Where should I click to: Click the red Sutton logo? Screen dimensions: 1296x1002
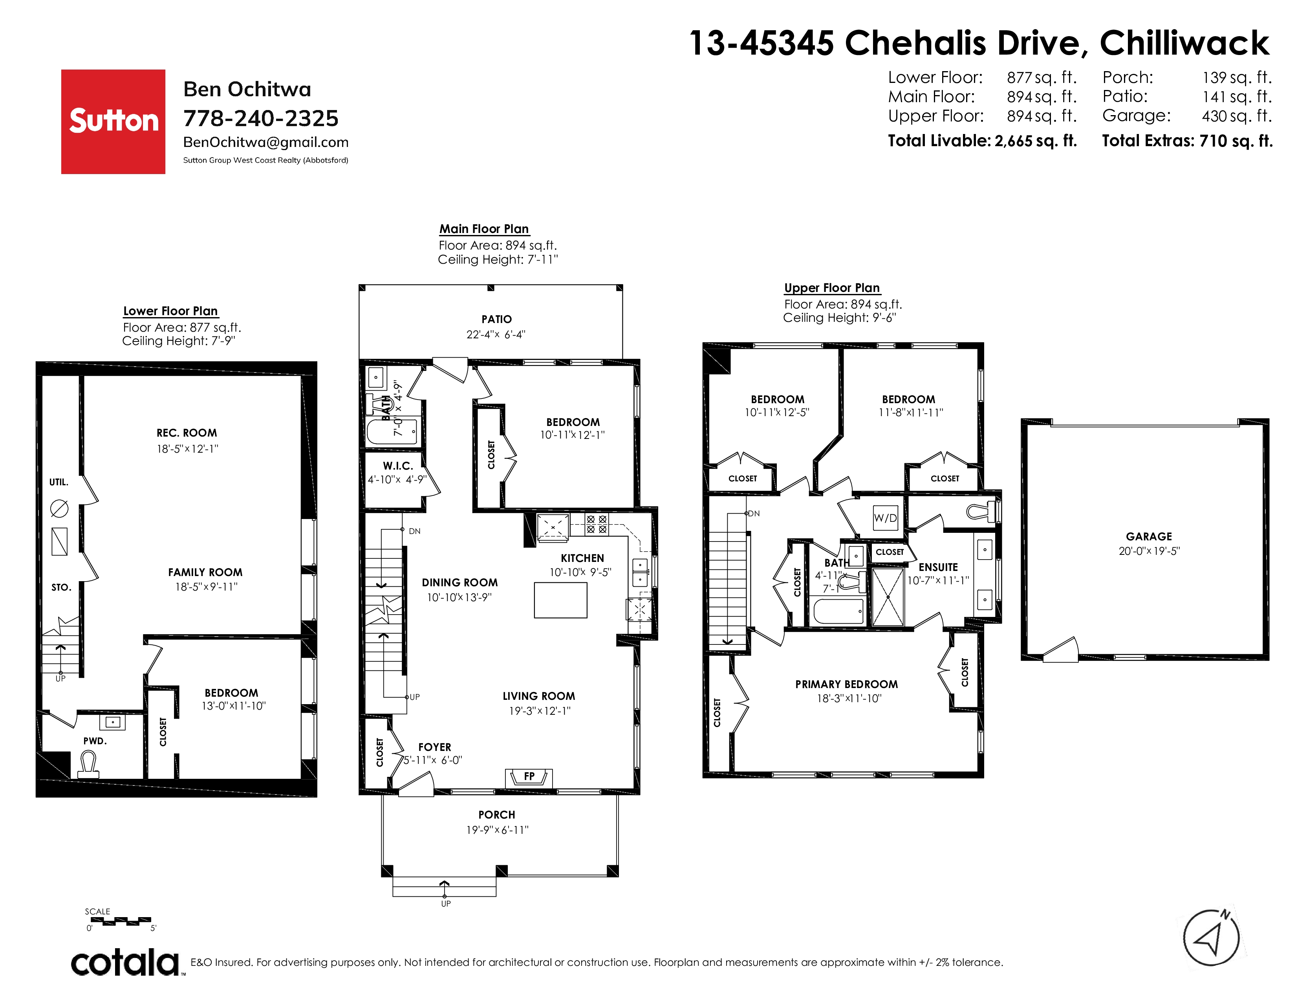click(113, 122)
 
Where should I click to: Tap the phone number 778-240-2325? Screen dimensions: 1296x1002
click(260, 118)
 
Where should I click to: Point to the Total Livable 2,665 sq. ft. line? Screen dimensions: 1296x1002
click(982, 141)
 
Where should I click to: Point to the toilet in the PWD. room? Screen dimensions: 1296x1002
click(88, 765)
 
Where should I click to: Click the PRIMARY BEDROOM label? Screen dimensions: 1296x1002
click(847, 685)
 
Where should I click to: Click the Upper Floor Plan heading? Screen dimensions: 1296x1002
click(832, 288)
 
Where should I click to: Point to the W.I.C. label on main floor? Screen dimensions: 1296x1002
click(397, 466)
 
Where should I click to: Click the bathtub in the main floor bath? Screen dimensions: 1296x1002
click(392, 431)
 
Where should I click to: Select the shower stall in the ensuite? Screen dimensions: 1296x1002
click(888, 597)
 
